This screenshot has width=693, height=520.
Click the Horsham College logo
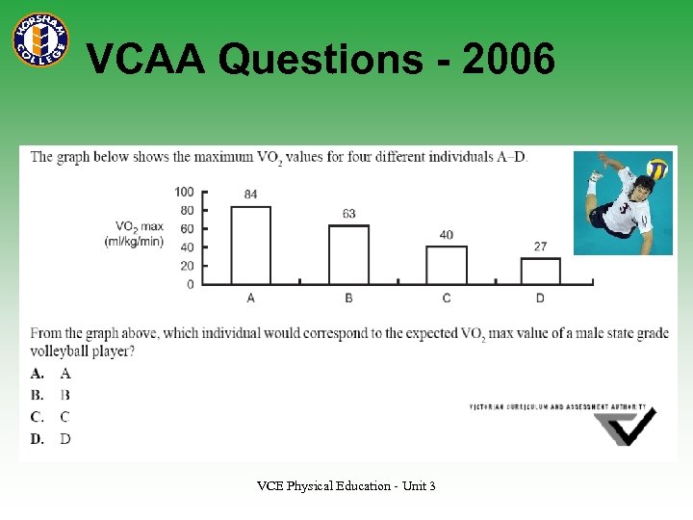pyautogui.click(x=39, y=39)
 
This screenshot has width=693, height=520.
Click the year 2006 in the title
pyautogui.click(x=508, y=61)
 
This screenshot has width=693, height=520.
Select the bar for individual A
pyautogui.click(x=251, y=245)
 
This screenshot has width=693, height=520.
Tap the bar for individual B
pyautogui.click(x=348, y=254)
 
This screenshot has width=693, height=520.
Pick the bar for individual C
pyautogui.click(x=447, y=265)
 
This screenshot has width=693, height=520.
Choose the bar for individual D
pyautogui.click(x=540, y=271)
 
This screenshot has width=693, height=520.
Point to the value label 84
pyautogui.click(x=251, y=195)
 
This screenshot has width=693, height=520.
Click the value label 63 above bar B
pyautogui.click(x=348, y=214)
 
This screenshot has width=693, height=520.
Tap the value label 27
pyautogui.click(x=540, y=247)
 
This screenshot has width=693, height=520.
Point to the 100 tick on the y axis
pyautogui.click(x=184, y=192)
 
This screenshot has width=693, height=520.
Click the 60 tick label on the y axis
pyautogui.click(x=187, y=228)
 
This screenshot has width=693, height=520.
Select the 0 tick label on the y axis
pyautogui.click(x=190, y=284)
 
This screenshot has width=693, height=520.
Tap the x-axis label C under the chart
pyautogui.click(x=447, y=299)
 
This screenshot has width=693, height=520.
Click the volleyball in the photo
pyautogui.click(x=657, y=169)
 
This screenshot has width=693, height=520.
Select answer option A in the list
pyautogui.click(x=65, y=373)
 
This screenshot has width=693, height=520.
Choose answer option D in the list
pyautogui.click(x=65, y=439)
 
